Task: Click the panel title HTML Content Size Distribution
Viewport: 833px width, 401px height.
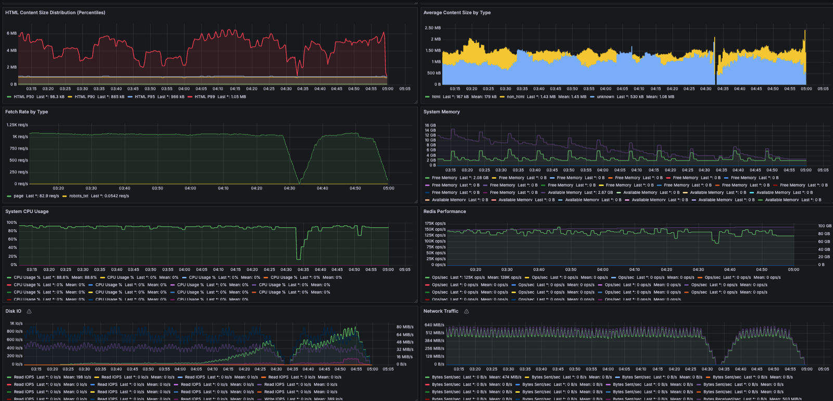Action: (55, 12)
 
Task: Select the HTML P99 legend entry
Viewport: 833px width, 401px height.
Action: (205, 97)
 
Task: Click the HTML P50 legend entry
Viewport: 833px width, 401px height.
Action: (23, 97)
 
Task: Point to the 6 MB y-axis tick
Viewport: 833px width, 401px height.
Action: (11, 33)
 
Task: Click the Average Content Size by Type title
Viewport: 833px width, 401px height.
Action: (457, 12)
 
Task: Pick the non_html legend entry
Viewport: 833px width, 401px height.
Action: (515, 97)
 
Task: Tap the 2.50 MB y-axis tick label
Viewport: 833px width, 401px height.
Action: (432, 28)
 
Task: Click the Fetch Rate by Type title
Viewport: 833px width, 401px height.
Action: (27, 112)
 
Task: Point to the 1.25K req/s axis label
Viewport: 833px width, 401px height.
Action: (17, 125)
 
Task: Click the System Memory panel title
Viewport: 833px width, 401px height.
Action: (441, 112)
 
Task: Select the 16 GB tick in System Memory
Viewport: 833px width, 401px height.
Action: (430, 126)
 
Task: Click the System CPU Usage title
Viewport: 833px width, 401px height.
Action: (27, 211)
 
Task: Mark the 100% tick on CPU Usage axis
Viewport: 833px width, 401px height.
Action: (11, 223)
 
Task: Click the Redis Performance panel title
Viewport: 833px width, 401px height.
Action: (445, 211)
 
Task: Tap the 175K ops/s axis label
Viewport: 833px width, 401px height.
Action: (435, 223)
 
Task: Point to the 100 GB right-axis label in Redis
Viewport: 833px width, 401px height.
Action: (825, 226)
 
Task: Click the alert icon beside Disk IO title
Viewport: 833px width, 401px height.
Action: (29, 311)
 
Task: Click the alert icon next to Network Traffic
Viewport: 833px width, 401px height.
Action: (466, 311)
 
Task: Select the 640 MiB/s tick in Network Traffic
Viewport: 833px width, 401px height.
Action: (434, 325)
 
